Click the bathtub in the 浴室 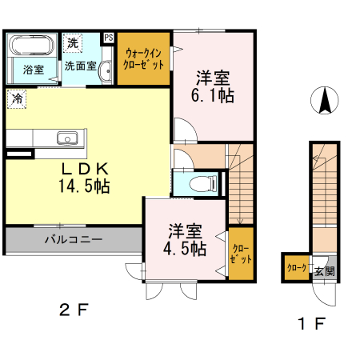pyautogui.click(x=31, y=46)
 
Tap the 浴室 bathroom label pyautogui.click(x=34, y=70)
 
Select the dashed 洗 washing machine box pyautogui.click(x=73, y=43)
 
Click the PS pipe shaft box pyautogui.click(x=109, y=38)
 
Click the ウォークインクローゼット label pyautogui.click(x=143, y=59)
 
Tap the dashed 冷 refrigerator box pyautogui.click(x=17, y=99)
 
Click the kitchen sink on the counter pyautogui.click(x=67, y=138)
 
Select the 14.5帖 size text pyautogui.click(x=84, y=186)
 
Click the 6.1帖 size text pyautogui.click(x=213, y=95)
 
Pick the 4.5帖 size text pyautogui.click(x=185, y=249)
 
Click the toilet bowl pyautogui.click(x=203, y=184)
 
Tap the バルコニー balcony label pyautogui.click(x=74, y=239)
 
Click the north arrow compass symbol pyautogui.click(x=325, y=100)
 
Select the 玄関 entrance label pyautogui.click(x=324, y=271)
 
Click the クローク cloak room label pyautogui.click(x=297, y=268)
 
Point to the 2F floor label pyautogui.click(x=74, y=310)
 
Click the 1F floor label pyautogui.click(x=311, y=323)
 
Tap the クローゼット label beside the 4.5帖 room pyautogui.click(x=241, y=254)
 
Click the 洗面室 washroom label pyautogui.click(x=80, y=66)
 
